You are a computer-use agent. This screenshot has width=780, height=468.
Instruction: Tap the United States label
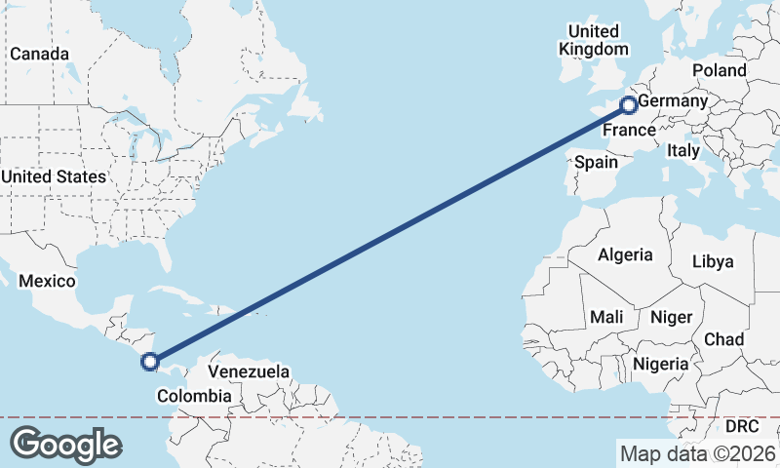coord(54,176)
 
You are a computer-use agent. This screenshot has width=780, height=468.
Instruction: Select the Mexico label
coord(48,281)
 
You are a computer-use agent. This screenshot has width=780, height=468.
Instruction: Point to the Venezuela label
coord(250,371)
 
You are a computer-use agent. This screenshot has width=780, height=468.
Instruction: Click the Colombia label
coord(194,396)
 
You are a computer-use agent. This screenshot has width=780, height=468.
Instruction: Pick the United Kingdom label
coord(593,40)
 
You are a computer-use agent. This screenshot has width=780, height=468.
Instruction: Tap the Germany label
coord(672,101)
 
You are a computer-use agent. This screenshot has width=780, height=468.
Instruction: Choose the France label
coord(628,130)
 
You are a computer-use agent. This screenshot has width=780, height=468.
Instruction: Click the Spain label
coord(596,162)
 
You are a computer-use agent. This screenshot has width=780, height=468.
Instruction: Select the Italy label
coord(683,150)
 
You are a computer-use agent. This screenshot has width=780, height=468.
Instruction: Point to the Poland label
coord(720,70)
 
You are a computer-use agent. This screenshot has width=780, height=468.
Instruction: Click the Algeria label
coord(625,254)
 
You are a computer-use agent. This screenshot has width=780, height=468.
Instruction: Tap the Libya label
coord(712,261)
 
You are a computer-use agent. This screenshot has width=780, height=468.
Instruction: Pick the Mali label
coord(606,317)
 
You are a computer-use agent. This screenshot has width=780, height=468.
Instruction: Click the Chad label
coord(723,339)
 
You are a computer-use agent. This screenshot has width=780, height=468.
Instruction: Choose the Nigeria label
coord(660,364)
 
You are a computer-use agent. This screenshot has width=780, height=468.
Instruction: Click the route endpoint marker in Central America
coord(149,362)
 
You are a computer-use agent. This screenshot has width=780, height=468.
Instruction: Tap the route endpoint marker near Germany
coord(629,103)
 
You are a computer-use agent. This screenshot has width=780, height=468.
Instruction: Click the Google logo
coord(65,444)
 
